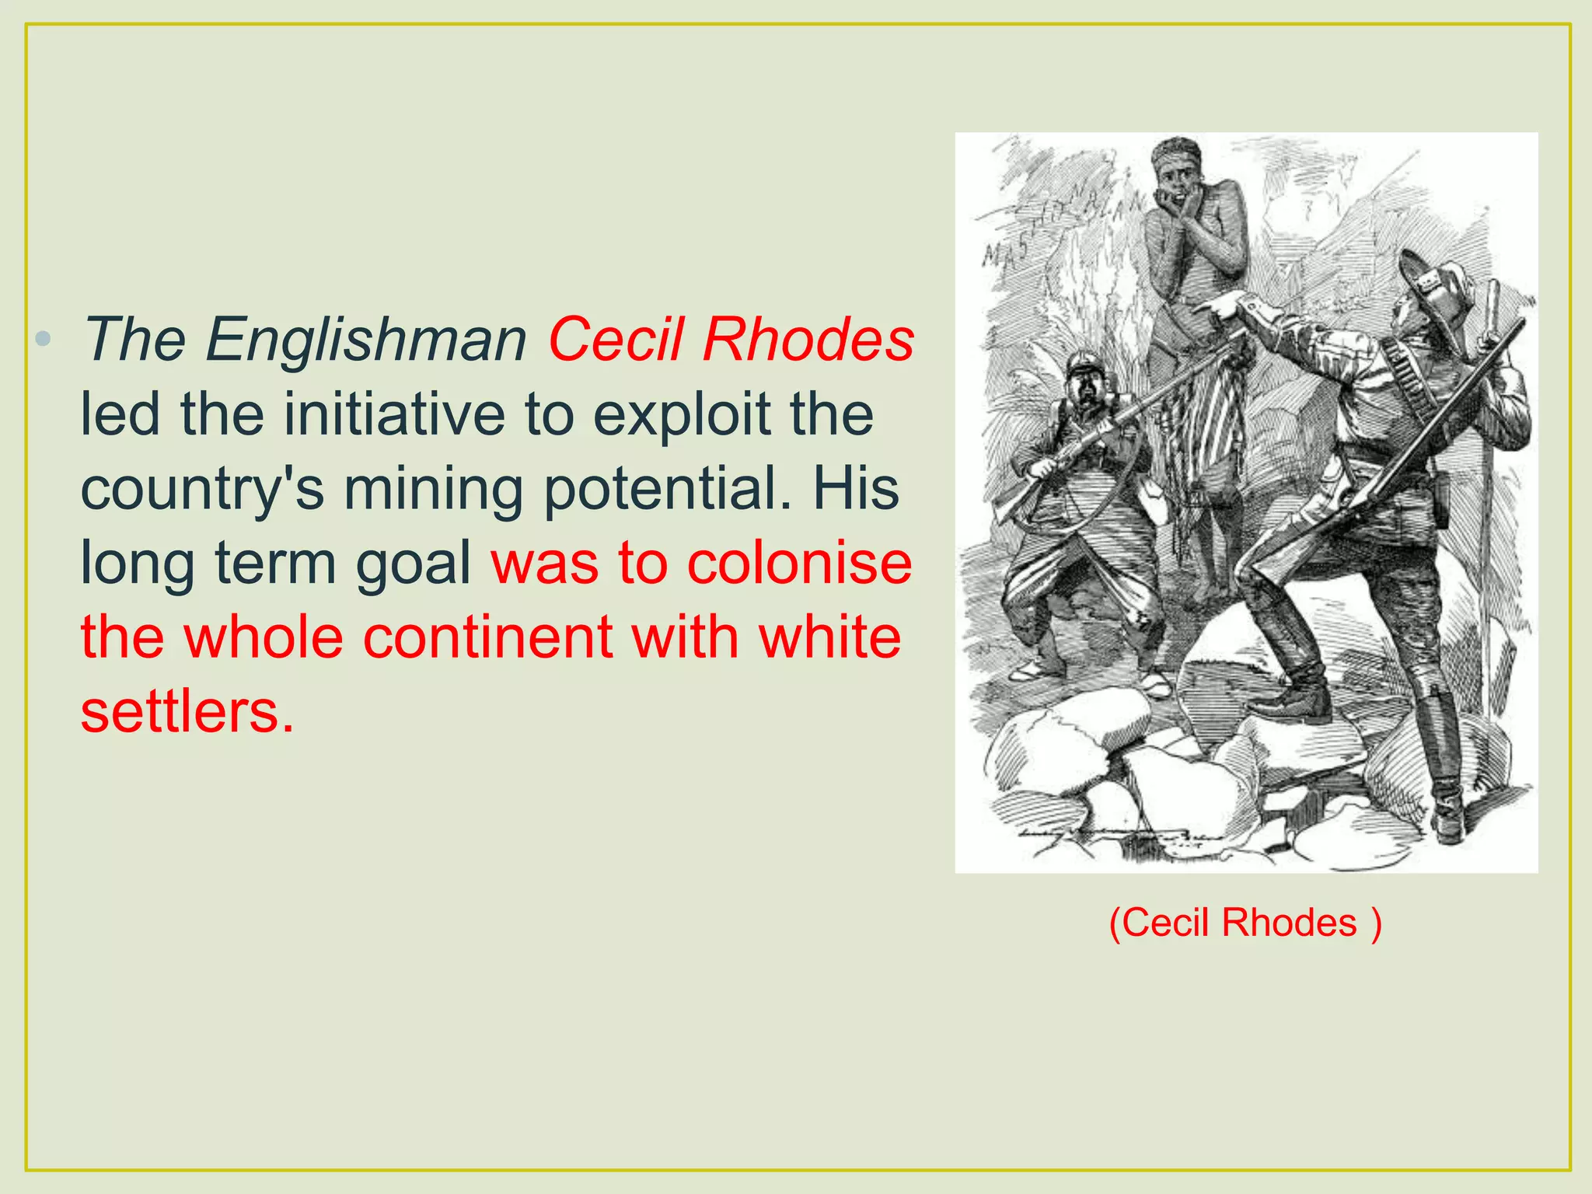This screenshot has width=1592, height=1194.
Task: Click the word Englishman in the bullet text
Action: click(366, 340)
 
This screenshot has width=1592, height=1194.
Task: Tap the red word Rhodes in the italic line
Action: click(808, 340)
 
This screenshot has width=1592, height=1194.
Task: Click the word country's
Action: click(202, 490)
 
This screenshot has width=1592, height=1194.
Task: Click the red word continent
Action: click(487, 637)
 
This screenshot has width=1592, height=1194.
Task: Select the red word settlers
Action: click(187, 711)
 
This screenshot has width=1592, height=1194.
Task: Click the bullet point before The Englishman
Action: click(44, 339)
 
